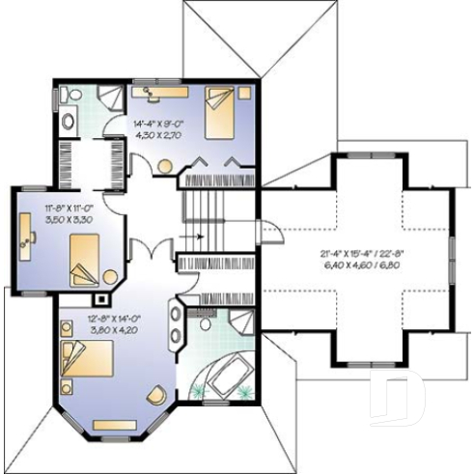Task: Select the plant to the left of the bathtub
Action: tap(199, 391)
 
